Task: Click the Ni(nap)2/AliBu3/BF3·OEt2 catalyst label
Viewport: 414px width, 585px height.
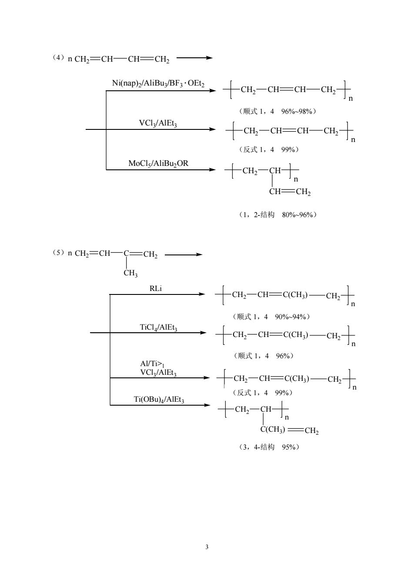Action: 158,83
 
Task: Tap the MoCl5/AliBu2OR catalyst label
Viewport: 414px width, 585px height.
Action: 158,164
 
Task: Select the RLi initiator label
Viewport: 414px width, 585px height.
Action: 156,288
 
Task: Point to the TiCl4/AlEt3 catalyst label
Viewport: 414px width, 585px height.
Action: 158,327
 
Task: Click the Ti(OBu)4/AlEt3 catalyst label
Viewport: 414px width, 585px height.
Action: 159,400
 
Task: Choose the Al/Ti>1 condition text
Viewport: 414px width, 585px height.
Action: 152,364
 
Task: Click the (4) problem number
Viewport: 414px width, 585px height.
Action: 58,58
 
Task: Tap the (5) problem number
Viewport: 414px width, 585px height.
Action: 58,252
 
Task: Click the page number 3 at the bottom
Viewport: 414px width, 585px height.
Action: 207,547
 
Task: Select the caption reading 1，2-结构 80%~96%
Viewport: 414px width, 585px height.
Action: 278,215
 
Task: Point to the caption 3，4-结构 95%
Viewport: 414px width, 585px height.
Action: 269,447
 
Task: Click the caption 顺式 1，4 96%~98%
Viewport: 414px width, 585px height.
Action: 277,111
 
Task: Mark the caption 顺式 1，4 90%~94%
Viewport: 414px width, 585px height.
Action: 271,317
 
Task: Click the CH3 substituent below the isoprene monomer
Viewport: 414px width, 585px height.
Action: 130,274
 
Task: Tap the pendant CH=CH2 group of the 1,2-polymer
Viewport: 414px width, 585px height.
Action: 290,192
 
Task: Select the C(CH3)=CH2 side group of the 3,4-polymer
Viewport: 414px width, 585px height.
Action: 290,430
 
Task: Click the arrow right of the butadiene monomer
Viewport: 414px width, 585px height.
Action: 194,58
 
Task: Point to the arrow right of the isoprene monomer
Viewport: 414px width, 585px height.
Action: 184,254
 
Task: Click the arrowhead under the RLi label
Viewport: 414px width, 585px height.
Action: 202,294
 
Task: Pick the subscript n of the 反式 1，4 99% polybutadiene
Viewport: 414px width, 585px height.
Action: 353,140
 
